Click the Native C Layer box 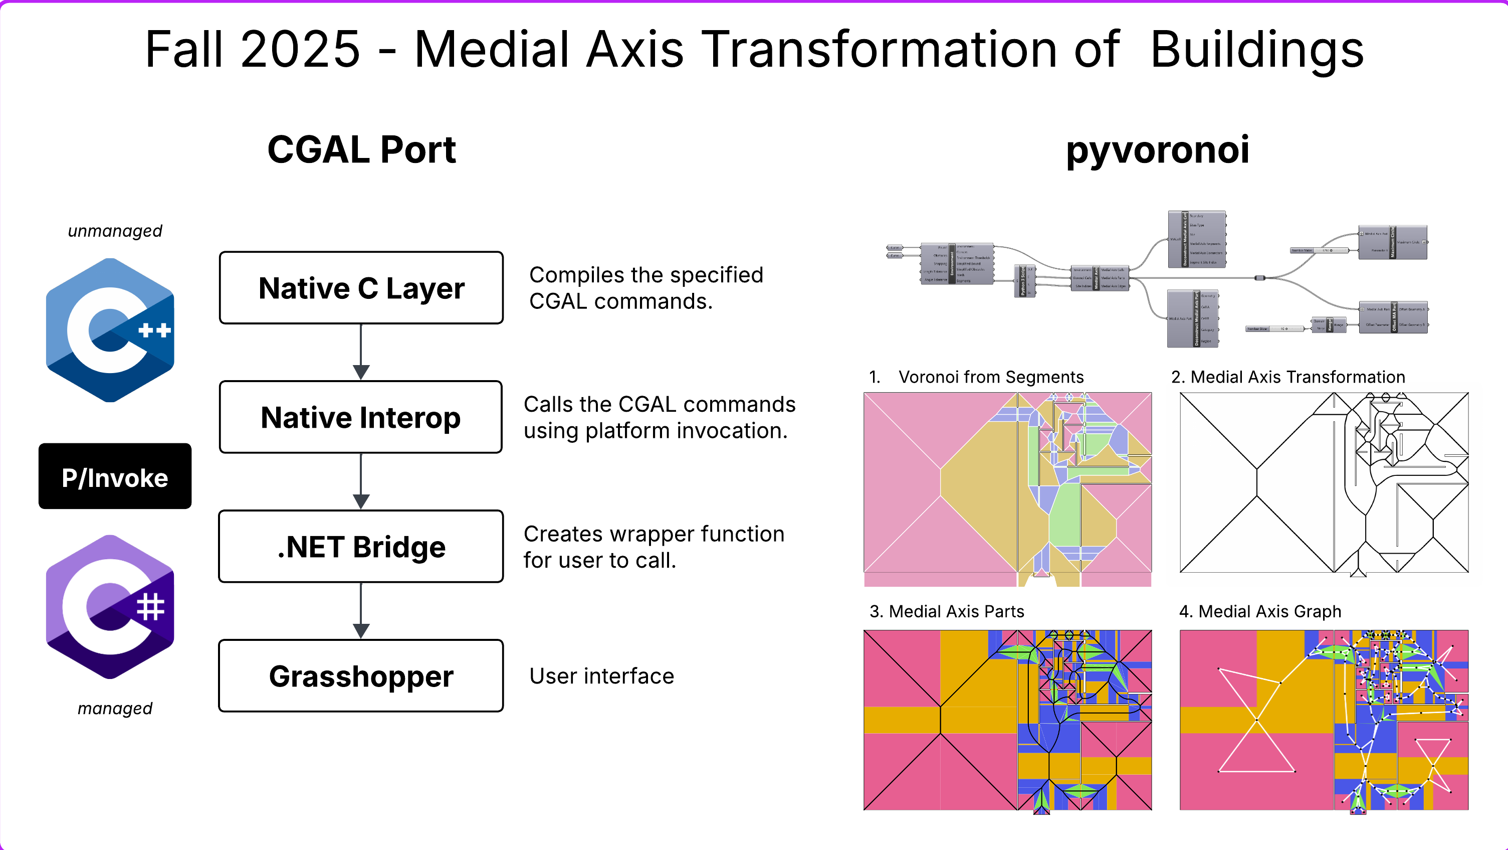click(361, 288)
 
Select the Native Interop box click(361, 417)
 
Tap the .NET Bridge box click(361, 547)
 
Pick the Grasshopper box click(361, 676)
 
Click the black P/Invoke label click(115, 477)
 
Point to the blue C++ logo click(110, 330)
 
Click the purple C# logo click(110, 607)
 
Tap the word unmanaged click(115, 231)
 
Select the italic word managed click(115, 708)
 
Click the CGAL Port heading click(361, 149)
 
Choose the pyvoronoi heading click(1157, 149)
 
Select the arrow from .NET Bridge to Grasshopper click(361, 611)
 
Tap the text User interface click(601, 676)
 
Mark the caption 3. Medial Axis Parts click(947, 611)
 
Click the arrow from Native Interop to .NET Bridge click(361, 481)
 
